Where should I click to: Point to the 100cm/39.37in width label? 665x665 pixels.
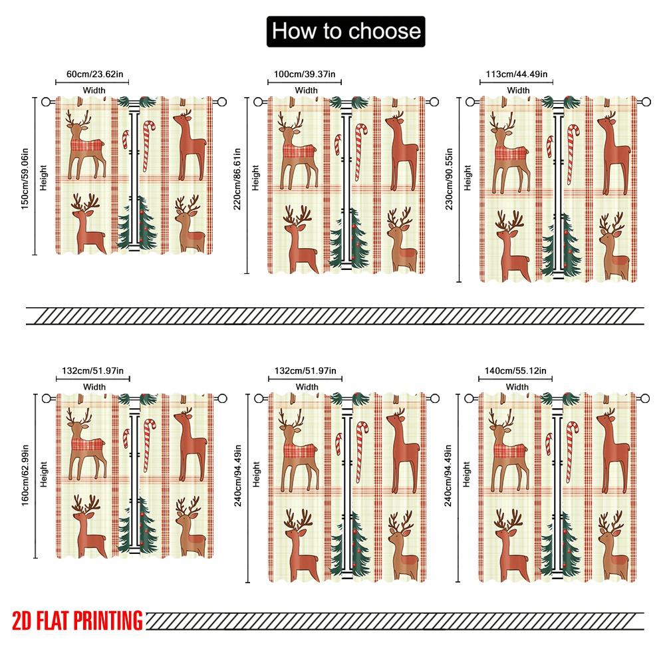(x=305, y=74)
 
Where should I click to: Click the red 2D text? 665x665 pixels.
(x=23, y=620)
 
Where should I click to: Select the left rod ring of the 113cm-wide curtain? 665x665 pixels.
(x=471, y=102)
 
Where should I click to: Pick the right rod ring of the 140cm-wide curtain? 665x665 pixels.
(x=644, y=398)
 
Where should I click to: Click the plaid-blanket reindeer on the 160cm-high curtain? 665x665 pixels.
(x=85, y=442)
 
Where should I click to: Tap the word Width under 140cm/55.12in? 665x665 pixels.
(x=517, y=387)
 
